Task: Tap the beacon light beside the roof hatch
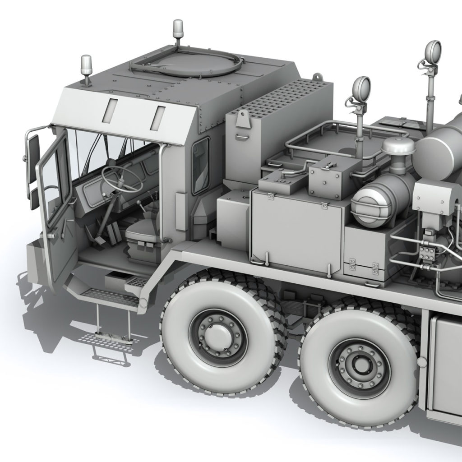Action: (178, 32)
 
